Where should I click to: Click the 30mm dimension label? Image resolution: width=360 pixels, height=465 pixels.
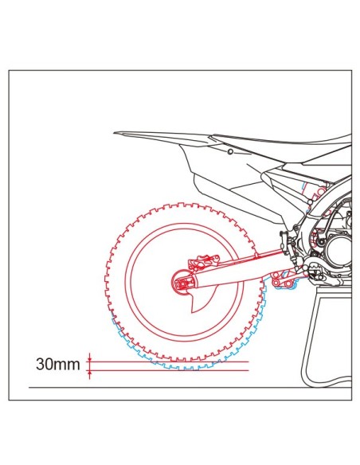click(58, 364)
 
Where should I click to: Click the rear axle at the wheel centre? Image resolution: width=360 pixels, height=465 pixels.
click(181, 284)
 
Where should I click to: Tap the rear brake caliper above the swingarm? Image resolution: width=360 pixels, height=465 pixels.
click(204, 261)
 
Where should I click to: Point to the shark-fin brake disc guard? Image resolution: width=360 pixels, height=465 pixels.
click(199, 302)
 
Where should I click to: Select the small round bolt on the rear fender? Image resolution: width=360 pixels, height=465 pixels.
click(230, 152)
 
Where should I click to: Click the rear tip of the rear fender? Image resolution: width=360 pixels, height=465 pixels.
click(114, 133)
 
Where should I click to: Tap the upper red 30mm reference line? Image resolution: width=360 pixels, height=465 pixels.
click(168, 361)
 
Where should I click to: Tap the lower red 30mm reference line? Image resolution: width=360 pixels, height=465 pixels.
click(168, 370)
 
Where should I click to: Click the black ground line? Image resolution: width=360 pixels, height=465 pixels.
click(190, 387)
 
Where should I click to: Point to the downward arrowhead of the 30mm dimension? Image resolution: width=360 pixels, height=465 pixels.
click(89, 359)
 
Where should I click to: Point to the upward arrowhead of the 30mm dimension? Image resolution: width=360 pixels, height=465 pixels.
click(89, 373)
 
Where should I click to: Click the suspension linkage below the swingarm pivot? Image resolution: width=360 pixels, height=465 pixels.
click(285, 279)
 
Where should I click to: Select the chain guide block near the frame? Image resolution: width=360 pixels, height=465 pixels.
click(284, 243)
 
